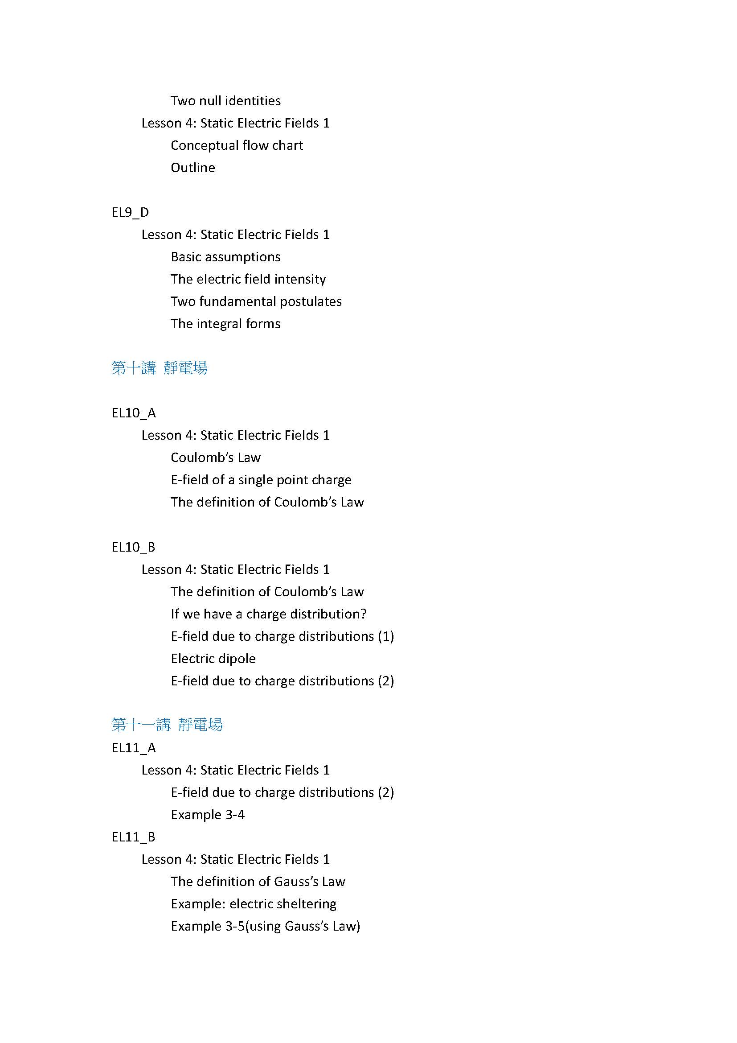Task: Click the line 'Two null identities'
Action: point(225,100)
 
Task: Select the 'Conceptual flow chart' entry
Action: point(237,145)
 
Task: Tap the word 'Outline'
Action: point(193,168)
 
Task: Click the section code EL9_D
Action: point(130,212)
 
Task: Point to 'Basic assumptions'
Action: point(225,257)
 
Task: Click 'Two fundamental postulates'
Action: point(256,301)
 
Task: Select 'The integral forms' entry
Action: point(225,323)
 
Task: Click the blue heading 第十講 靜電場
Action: point(159,368)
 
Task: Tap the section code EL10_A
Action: point(134,413)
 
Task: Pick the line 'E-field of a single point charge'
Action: point(261,480)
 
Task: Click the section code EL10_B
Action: point(133,547)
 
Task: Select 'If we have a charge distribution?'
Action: point(269,614)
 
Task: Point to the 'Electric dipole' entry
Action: point(213,658)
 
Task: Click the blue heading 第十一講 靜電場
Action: point(167,725)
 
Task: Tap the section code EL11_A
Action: point(134,748)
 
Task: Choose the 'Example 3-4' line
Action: point(208,815)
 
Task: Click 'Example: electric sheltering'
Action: point(254,903)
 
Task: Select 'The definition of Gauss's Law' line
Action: point(258,881)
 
